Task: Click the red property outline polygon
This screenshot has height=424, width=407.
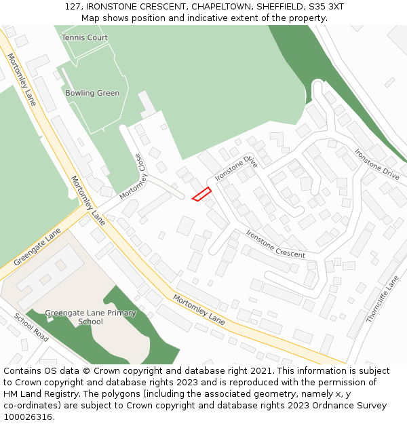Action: tap(201, 194)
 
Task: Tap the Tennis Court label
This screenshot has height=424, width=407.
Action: tap(85, 38)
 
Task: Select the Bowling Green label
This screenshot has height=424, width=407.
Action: tap(92, 94)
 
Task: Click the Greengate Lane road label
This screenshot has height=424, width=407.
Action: tap(37, 247)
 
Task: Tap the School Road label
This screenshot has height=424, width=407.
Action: tap(31, 327)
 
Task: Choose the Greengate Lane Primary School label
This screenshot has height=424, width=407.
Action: tap(90, 317)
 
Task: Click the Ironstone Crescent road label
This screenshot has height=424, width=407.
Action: tap(275, 244)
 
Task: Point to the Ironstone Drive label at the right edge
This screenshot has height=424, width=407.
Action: tap(376, 164)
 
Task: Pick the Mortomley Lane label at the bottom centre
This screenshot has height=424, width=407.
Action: tap(198, 309)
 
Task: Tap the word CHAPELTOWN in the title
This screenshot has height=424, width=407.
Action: tap(222, 7)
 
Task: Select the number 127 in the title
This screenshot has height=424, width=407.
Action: tap(73, 7)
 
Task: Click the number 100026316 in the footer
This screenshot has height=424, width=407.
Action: tap(28, 417)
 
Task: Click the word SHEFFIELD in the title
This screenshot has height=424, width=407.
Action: tap(278, 7)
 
